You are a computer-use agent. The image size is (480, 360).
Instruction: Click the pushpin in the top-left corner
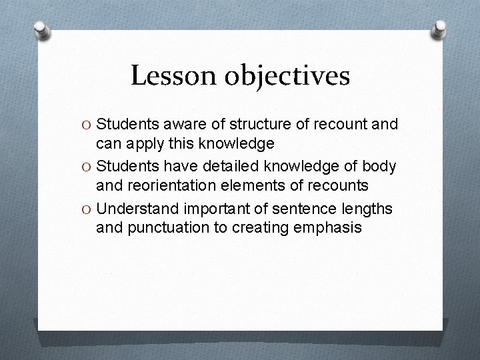tap(41, 30)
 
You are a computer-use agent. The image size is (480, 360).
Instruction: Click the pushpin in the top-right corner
tap(439, 29)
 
